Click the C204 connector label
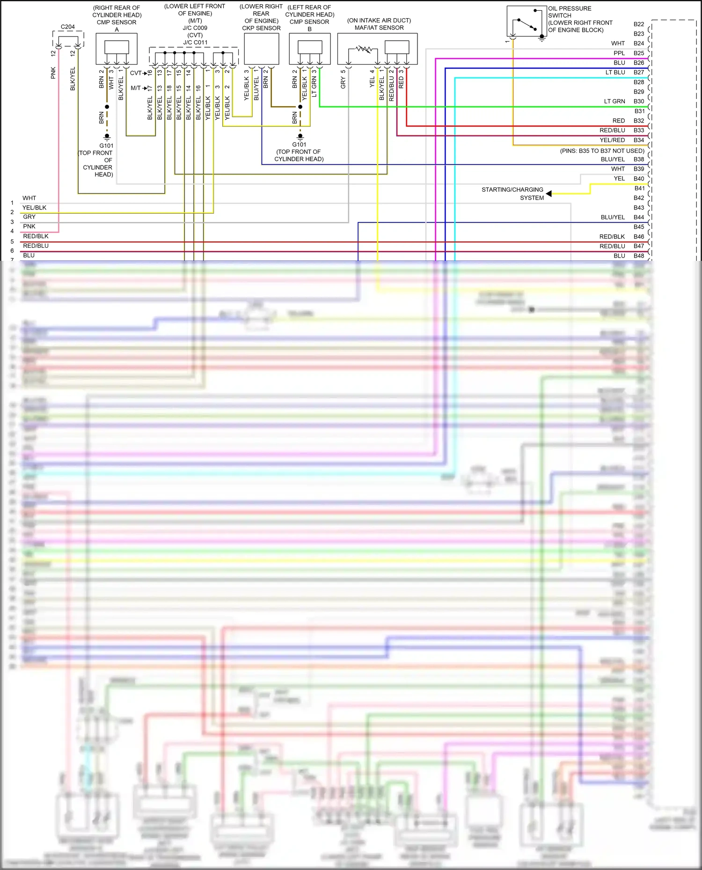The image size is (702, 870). [x=68, y=27]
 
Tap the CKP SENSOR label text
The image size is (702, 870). [x=261, y=28]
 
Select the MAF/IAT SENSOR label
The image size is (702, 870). [x=379, y=28]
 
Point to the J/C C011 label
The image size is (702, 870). [x=195, y=43]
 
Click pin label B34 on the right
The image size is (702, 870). [x=638, y=140]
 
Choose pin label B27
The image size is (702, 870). [x=638, y=72]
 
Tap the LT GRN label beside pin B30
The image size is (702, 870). [x=614, y=101]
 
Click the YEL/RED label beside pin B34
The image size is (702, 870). [x=612, y=140]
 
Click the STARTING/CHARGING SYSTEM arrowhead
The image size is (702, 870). [x=549, y=194]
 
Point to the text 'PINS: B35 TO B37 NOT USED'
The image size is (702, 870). [x=602, y=151]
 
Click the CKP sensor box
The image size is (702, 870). [x=262, y=49]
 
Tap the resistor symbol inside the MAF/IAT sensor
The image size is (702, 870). [x=364, y=49]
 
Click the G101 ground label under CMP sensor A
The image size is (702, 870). [x=106, y=146]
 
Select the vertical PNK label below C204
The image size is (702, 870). [x=53, y=73]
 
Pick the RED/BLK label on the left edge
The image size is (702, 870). [x=36, y=237]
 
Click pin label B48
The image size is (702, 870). [x=638, y=256]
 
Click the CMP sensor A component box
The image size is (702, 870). [x=117, y=49]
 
